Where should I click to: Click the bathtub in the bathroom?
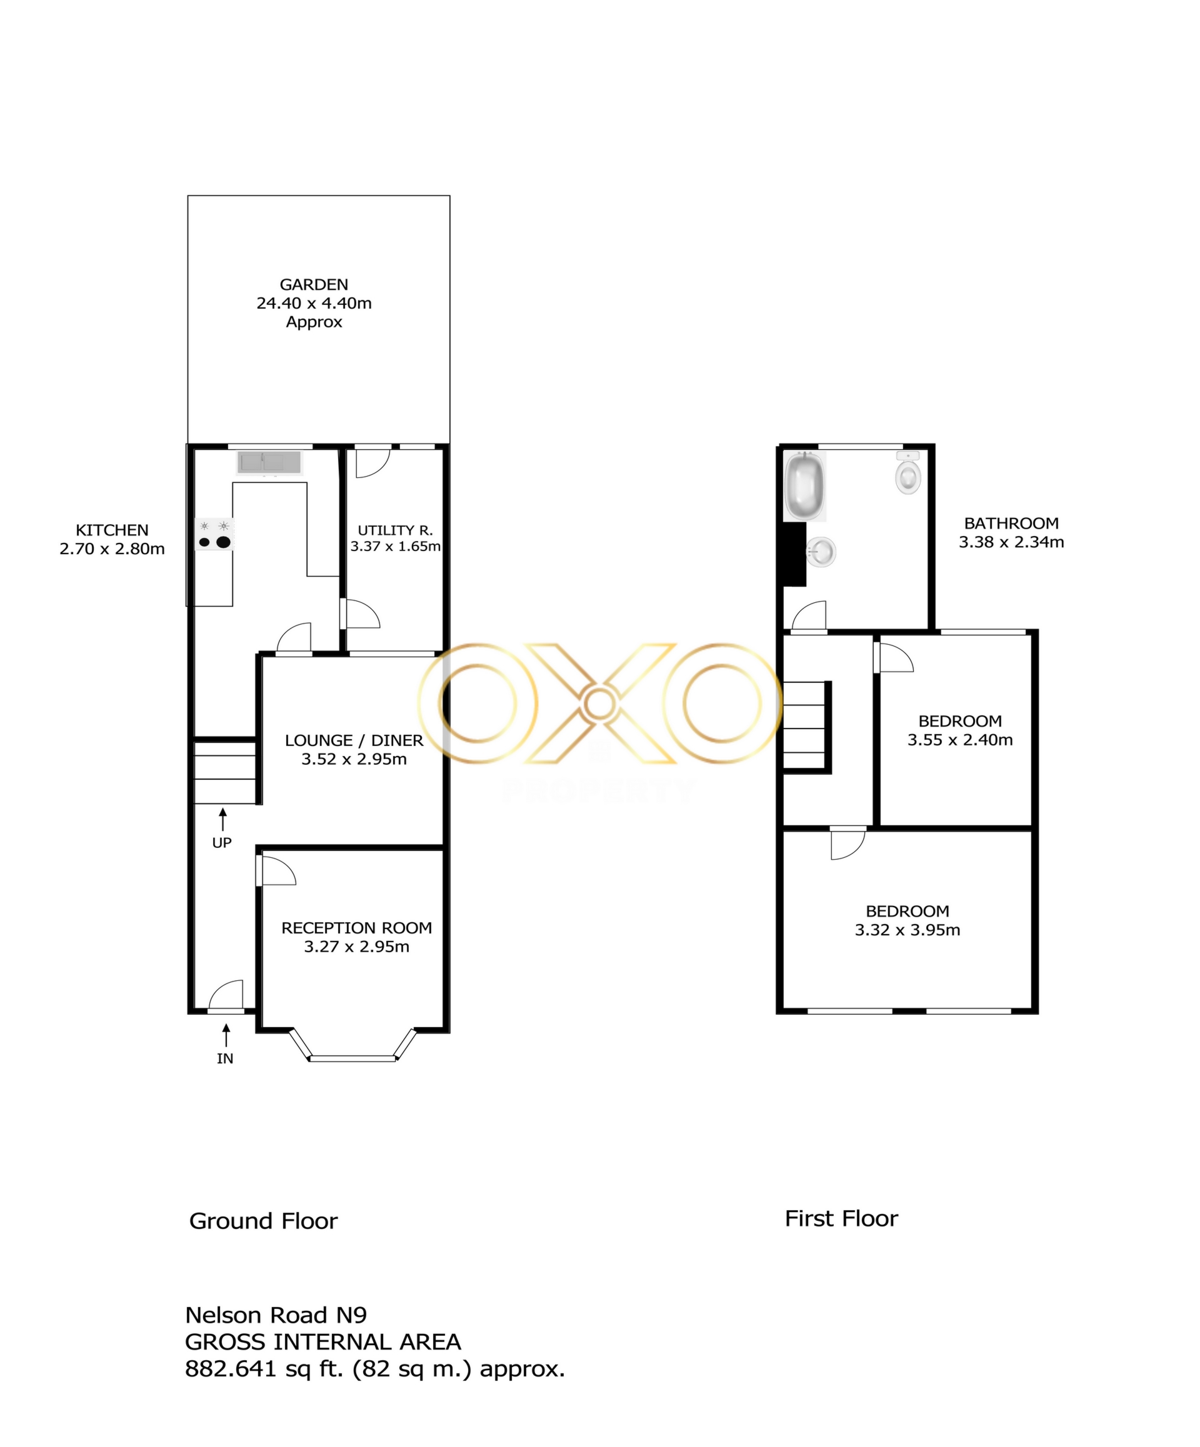(805, 487)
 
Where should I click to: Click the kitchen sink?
(269, 462)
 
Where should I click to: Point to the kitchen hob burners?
(214, 534)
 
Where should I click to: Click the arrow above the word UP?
(222, 819)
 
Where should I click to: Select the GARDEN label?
(314, 284)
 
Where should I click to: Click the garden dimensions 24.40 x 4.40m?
(314, 303)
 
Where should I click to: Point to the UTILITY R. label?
(395, 530)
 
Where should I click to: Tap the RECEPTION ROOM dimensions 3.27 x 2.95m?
(356, 947)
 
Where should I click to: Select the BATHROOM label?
(1011, 523)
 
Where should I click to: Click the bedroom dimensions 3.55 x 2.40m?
(960, 740)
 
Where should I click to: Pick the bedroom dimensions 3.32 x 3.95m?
(907, 930)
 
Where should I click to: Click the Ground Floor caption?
(263, 1221)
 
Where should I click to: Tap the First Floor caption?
(841, 1219)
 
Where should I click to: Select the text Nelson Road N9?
(276, 1315)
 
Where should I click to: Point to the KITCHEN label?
(112, 530)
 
